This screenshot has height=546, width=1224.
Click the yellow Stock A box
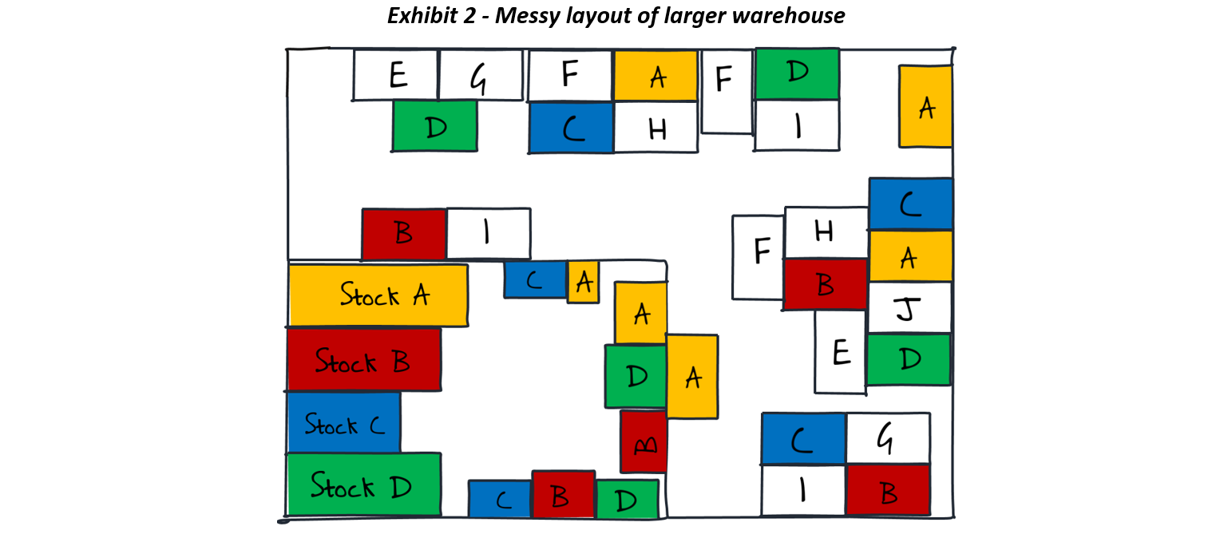pos(378,295)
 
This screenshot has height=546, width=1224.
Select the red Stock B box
pos(363,360)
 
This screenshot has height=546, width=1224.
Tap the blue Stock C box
pos(344,423)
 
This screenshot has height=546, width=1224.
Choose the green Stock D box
pos(363,485)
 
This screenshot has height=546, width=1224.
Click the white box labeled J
pos(909,308)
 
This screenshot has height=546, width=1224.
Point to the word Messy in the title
pos(528,16)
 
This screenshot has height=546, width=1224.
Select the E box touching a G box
pos(396,76)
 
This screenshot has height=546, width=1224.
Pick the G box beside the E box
pos(481,76)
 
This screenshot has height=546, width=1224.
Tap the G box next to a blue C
pos(888,438)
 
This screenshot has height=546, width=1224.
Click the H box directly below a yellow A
pos(656,128)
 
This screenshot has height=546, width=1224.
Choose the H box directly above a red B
pos(826,232)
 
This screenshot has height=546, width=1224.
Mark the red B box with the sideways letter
pos(644,441)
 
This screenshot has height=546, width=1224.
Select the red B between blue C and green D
pos(563,495)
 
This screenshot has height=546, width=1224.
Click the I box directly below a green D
pos(797,126)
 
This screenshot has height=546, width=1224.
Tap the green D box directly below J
pos(909,360)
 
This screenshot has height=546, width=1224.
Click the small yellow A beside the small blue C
pos(583,282)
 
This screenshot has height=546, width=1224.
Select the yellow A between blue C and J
pos(909,256)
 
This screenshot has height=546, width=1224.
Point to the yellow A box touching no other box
pos(925,107)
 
